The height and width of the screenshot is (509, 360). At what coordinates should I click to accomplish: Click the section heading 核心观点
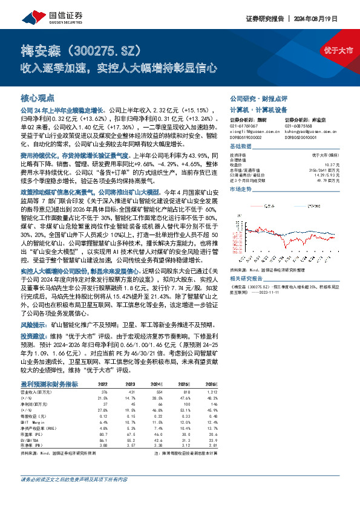tap(38, 97)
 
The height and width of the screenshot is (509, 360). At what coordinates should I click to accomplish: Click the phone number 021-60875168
tap(300, 126)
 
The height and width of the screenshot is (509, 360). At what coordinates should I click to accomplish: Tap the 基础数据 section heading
tap(240, 147)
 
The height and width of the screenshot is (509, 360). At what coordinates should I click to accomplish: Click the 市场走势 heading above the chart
tap(240, 190)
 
